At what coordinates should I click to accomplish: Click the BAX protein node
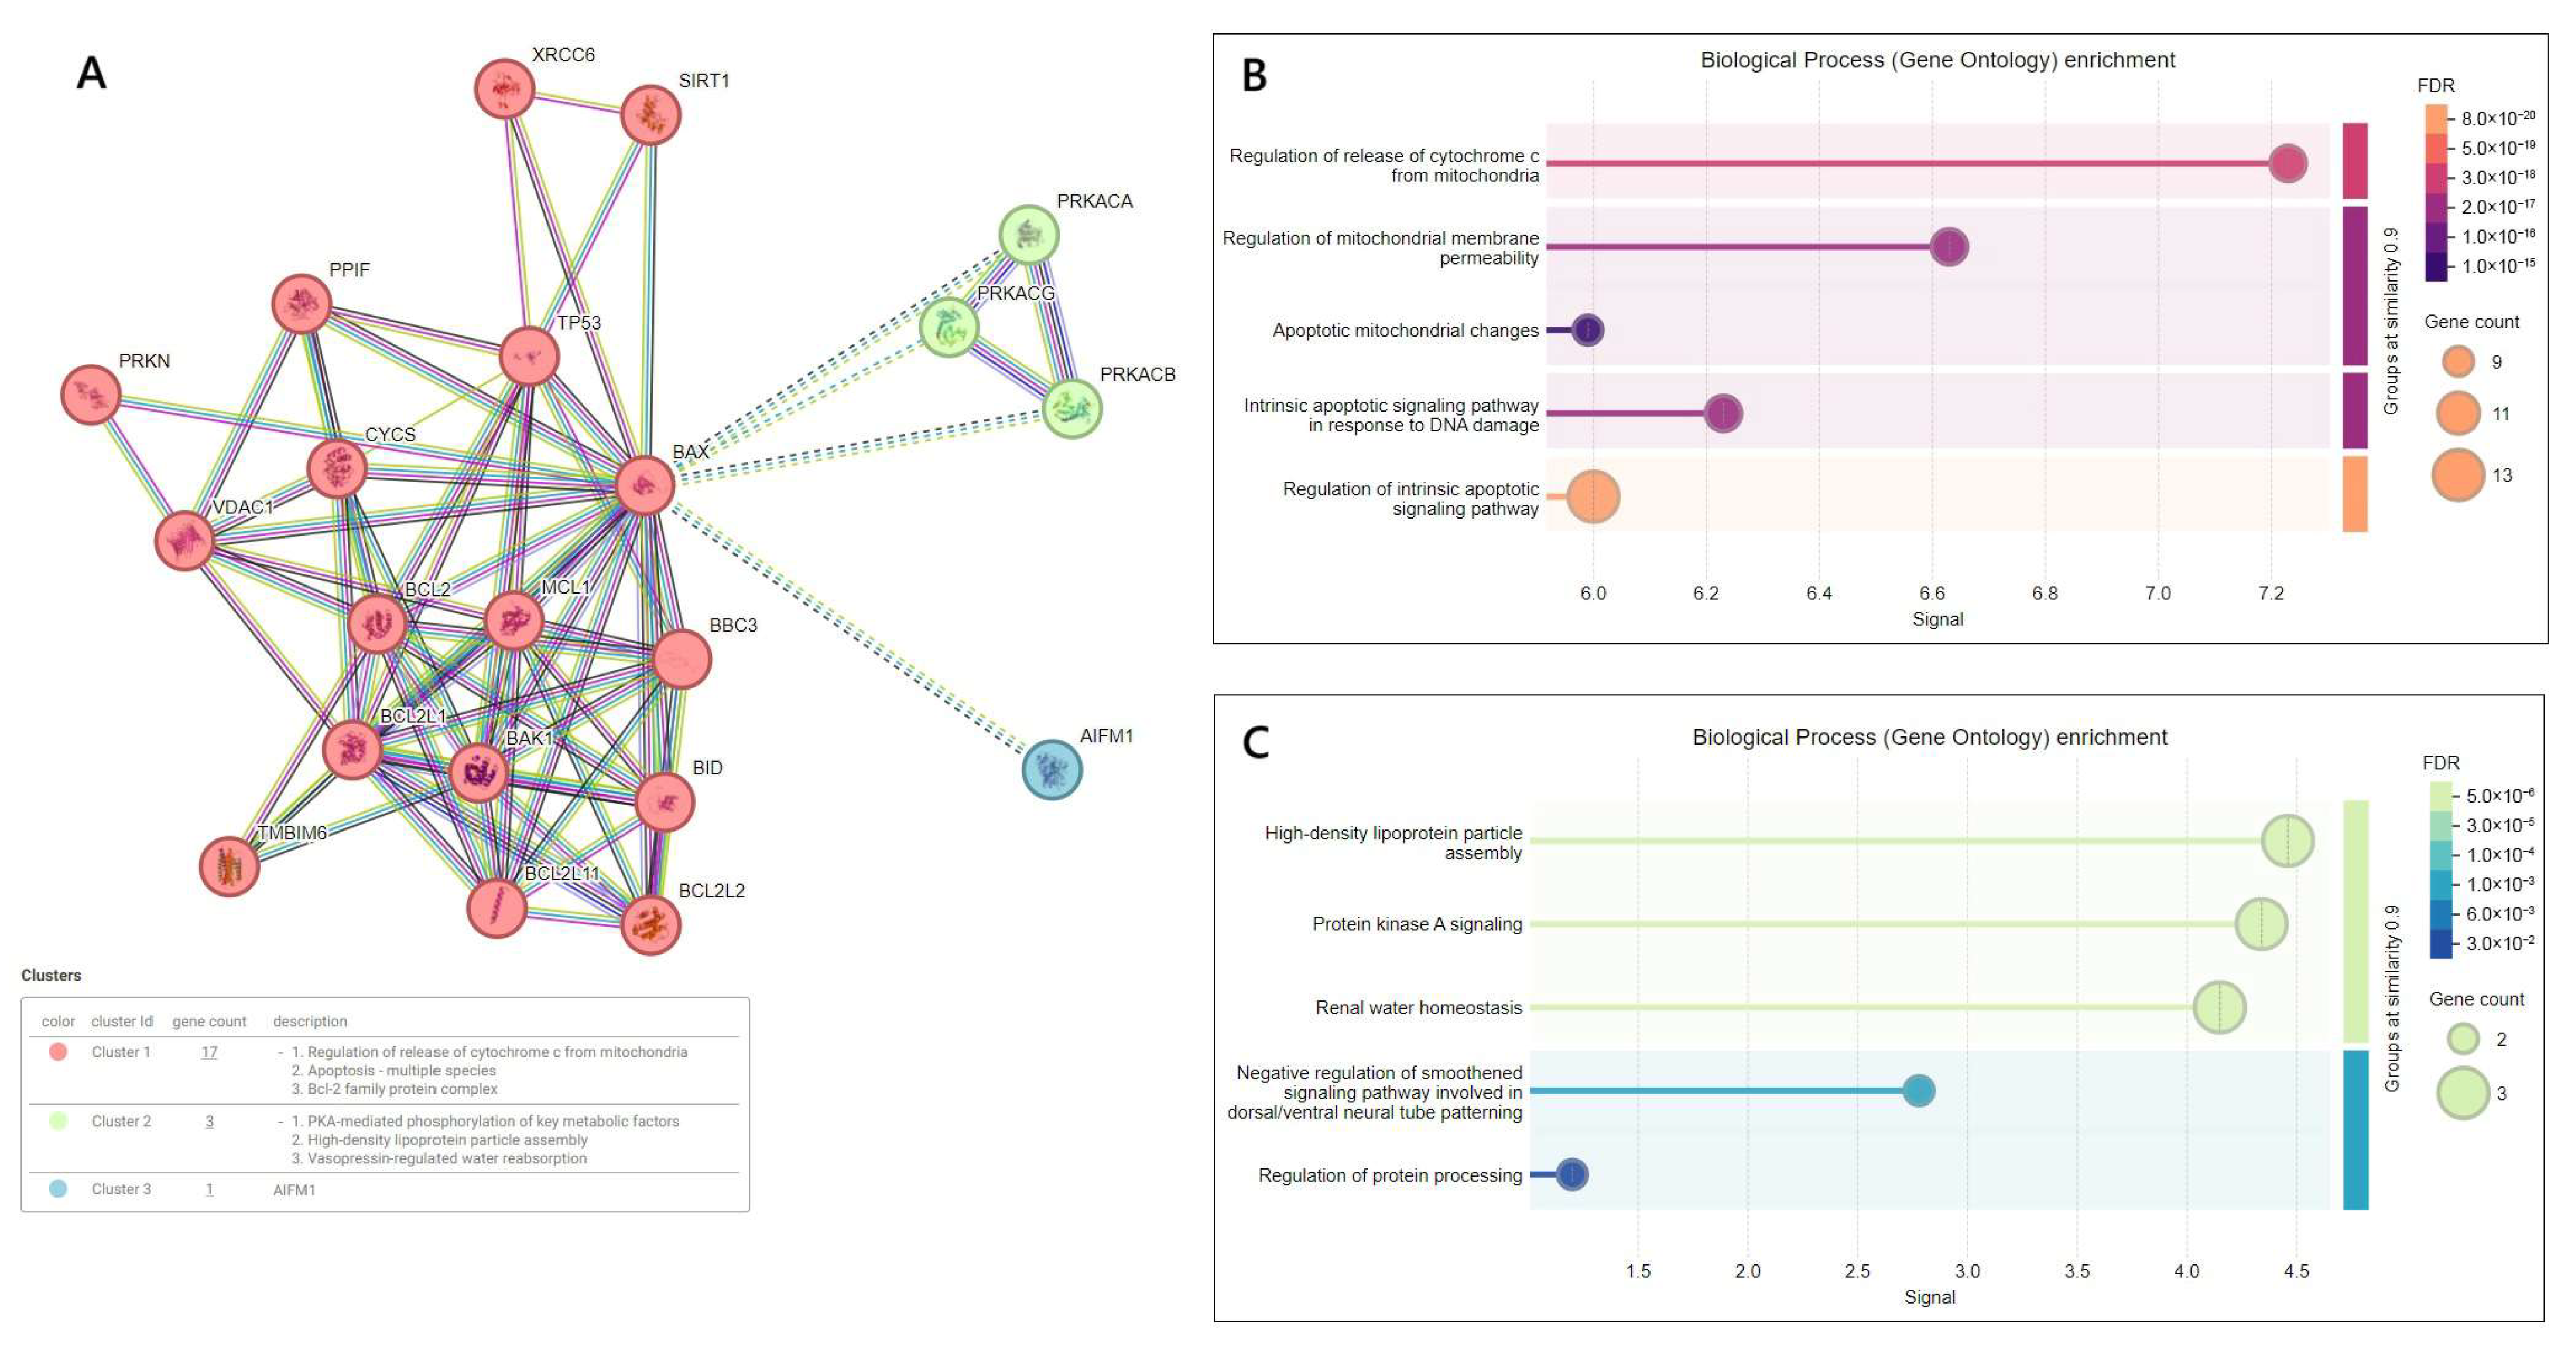tap(645, 485)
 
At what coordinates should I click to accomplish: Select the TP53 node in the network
tap(528, 356)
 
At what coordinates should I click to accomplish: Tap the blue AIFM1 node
tap(1052, 770)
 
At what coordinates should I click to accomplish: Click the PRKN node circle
tap(91, 395)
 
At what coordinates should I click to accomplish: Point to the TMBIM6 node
tap(230, 866)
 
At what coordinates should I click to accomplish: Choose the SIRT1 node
tap(650, 115)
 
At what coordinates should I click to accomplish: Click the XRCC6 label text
tap(563, 55)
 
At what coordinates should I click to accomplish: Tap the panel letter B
tap(1254, 76)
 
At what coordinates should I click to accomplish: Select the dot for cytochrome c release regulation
tap(2288, 163)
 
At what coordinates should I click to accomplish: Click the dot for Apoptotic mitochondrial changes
tap(1588, 330)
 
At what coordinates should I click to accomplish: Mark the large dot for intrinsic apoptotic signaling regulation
tap(1593, 496)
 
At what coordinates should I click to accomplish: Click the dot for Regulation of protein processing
tap(1572, 1174)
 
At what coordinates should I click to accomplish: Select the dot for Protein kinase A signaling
tap(2261, 924)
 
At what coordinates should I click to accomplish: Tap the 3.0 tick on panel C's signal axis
tap(1967, 1271)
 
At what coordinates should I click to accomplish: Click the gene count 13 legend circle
tap(2459, 475)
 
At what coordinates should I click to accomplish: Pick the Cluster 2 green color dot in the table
tap(58, 1120)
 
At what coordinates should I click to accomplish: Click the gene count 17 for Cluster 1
tap(210, 1052)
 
